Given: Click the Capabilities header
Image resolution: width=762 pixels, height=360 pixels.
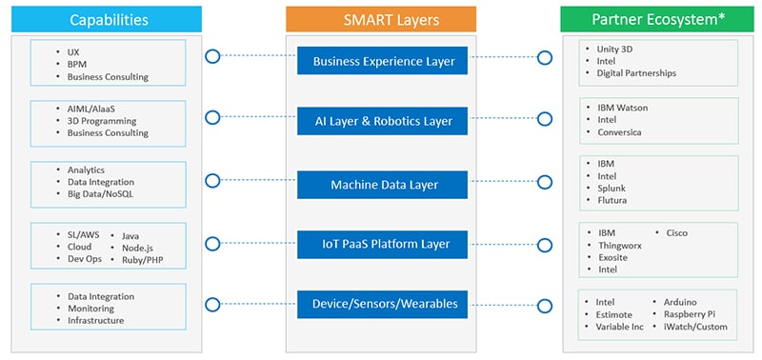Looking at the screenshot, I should tap(107, 19).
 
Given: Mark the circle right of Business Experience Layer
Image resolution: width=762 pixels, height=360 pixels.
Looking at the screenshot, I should tap(545, 58).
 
